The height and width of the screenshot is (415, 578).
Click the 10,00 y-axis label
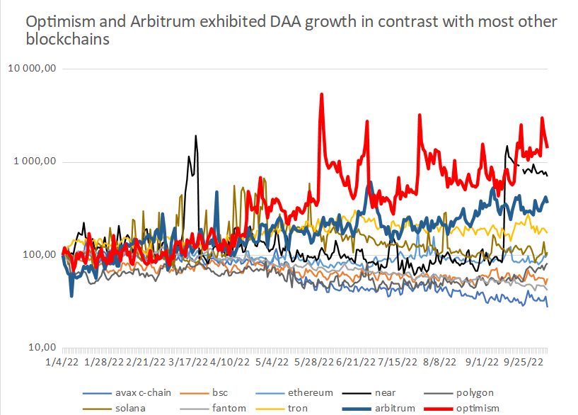coord(42,348)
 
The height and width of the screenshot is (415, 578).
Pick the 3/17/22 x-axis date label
coord(187,362)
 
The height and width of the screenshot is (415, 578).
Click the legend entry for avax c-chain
coord(139,392)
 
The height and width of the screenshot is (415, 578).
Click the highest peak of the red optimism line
coord(322,93)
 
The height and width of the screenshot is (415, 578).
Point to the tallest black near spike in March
coord(195,135)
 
